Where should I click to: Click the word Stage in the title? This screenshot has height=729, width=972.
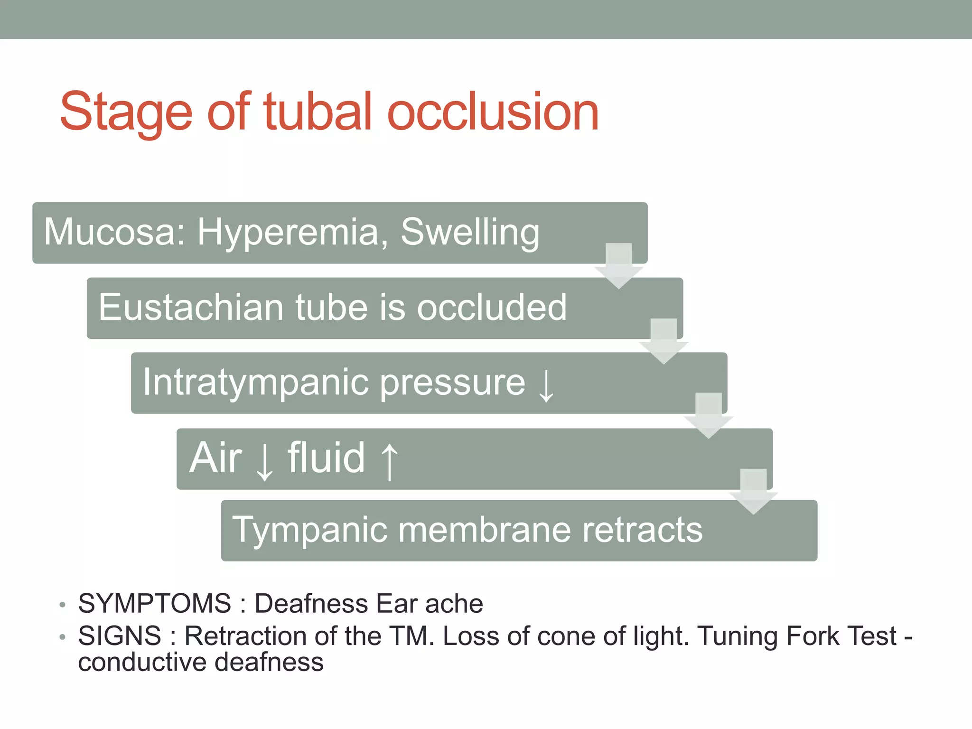coord(126,112)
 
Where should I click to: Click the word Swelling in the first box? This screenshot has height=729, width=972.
coord(470,232)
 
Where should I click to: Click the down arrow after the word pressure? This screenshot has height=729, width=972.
coord(546,385)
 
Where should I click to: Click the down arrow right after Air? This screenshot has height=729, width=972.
coord(264,460)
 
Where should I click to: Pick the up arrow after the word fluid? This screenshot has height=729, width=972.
coord(390,460)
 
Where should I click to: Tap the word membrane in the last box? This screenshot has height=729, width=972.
coord(484,530)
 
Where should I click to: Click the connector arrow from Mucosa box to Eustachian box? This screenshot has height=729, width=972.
coord(618,266)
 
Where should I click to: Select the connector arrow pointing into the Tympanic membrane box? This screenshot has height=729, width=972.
coord(753,491)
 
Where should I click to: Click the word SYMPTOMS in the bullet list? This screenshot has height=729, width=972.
coord(155,604)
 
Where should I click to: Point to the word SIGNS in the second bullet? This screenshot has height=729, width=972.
coord(120,636)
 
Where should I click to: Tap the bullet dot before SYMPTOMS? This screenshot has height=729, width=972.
coord(62,605)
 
